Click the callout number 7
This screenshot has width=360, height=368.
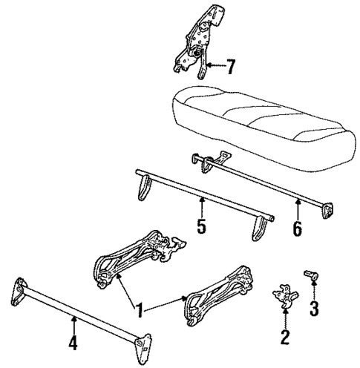click(231, 68)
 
